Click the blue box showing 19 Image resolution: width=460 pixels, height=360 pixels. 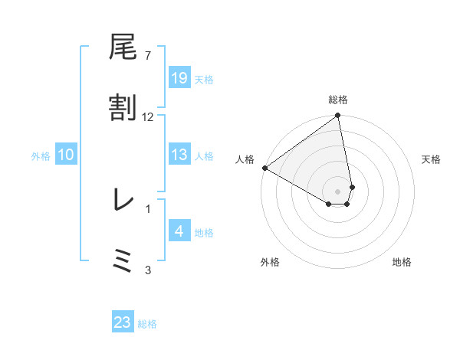pos(179,78)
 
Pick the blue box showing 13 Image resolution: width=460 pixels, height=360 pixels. pos(179,155)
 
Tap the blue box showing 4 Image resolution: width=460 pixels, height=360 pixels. pos(179,231)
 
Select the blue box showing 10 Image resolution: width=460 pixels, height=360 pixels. pos(66,155)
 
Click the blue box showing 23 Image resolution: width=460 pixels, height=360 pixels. pos(123,322)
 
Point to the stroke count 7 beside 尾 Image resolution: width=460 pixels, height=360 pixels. pos(147,56)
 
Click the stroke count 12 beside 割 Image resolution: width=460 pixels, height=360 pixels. pos(147,116)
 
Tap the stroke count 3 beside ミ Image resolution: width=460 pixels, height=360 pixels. pos(147,270)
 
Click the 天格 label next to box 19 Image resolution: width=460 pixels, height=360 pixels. pos(204,79)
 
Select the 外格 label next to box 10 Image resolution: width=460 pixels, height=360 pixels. pos(41,155)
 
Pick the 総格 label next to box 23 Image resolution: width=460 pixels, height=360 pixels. pos(147,323)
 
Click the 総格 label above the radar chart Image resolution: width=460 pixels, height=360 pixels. pos(337,100)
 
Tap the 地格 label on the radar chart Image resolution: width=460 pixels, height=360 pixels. pos(402,262)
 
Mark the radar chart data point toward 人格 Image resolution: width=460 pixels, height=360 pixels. pos(264,168)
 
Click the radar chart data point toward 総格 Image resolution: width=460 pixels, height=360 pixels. pos(337,116)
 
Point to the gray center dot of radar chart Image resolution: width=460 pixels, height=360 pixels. pos(337,191)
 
